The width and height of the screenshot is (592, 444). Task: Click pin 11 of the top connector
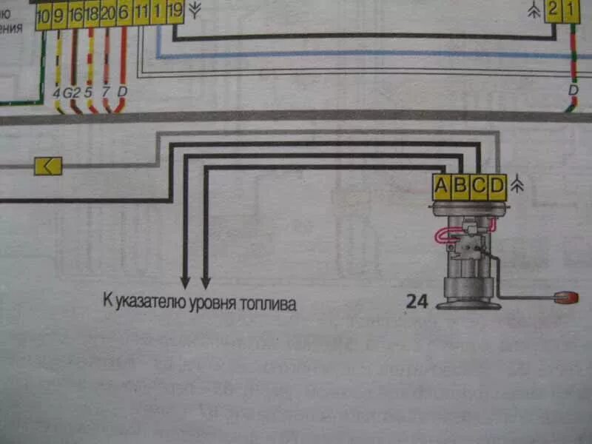141,14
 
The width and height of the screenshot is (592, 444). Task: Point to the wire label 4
57,93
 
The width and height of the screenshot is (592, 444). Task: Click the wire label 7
106,93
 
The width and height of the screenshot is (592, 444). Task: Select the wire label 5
89,93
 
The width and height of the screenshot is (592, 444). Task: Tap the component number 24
416,301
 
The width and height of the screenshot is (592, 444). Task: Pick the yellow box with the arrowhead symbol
48,166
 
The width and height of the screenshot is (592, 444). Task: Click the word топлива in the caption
270,303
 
